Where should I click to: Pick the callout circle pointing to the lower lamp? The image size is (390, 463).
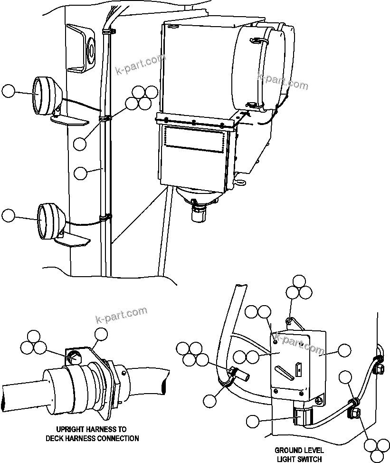[x=9, y=215]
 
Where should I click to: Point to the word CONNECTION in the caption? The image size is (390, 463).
[x=119, y=438]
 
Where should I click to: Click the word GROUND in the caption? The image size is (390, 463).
[x=287, y=450]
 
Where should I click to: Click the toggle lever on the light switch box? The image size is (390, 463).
[x=284, y=370]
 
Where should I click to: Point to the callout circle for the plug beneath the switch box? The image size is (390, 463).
[x=253, y=420]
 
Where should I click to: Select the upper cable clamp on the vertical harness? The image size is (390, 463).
[x=105, y=117]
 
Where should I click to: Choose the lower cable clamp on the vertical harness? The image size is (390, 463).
[x=106, y=218]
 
